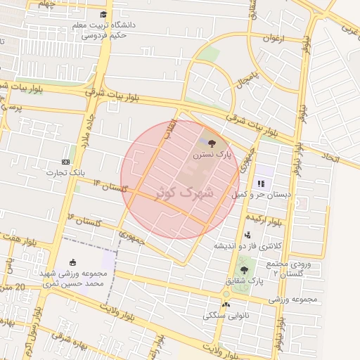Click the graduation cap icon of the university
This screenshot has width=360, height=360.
pyautogui.click(x=103, y=15)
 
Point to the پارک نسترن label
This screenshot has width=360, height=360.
pyautogui.click(x=213, y=153)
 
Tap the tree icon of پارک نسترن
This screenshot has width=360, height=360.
pyautogui.click(x=212, y=143)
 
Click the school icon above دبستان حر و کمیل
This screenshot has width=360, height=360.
pyautogui.click(x=261, y=183)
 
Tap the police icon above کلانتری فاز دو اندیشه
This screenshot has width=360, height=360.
pyautogui.click(x=247, y=235)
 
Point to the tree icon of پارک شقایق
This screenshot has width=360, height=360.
pyautogui.click(x=244, y=270)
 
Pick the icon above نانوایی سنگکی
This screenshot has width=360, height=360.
pyautogui.click(x=226, y=304)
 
